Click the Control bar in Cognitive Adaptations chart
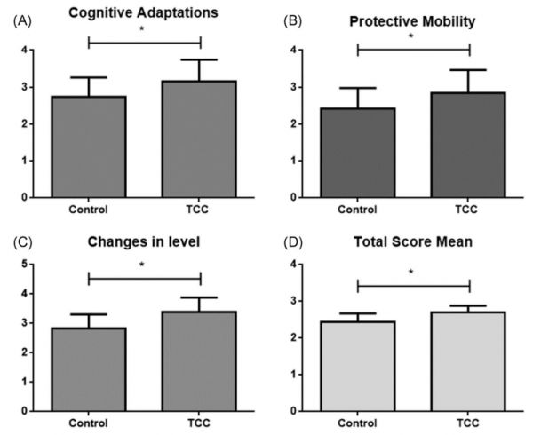[x=90, y=146]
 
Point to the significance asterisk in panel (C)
[x=145, y=265]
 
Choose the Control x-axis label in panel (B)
[x=358, y=210]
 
